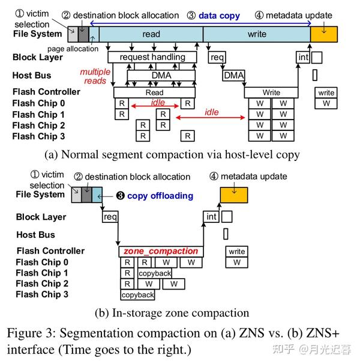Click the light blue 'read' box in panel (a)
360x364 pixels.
click(151, 34)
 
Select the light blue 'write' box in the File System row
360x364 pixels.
click(256, 34)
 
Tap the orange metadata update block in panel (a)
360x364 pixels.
click(323, 34)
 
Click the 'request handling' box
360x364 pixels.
click(152, 58)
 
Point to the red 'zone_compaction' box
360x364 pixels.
click(160, 251)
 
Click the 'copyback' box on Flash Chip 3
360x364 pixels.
click(138, 295)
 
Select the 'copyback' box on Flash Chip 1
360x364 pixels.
click(154, 273)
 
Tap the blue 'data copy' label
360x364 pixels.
click(219, 16)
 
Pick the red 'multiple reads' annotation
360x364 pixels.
click(95, 76)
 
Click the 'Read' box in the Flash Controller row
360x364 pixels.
click(154, 93)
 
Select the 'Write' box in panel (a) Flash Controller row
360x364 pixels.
click(271, 93)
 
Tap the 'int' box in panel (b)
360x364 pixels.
click(211, 217)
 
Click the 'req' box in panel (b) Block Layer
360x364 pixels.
click(110, 217)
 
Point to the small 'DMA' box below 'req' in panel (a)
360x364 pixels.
click(233, 76)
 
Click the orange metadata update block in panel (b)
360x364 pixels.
click(233, 195)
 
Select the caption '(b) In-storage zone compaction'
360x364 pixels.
click(172, 313)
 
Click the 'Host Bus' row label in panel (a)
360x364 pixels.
click(32, 76)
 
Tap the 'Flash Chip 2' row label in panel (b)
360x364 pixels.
click(42, 284)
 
